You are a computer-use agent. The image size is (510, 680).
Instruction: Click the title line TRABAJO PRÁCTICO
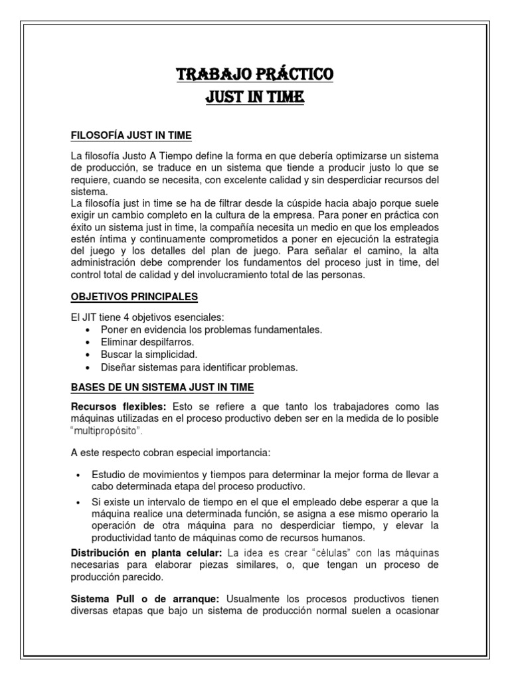click(255, 74)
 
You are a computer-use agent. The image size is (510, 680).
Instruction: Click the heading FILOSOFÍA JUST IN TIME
click(131, 136)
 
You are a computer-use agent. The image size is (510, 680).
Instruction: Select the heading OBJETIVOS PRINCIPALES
click(134, 296)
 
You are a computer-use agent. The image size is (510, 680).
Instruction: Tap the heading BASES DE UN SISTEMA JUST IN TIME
click(163, 387)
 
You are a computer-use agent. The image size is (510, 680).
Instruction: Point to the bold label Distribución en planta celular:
click(147, 552)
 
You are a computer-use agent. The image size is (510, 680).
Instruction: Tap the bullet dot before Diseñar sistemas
click(89, 367)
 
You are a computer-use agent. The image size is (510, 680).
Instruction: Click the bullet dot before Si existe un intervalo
click(78, 502)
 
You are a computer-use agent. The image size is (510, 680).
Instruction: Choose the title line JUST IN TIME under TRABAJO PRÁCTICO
click(255, 98)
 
